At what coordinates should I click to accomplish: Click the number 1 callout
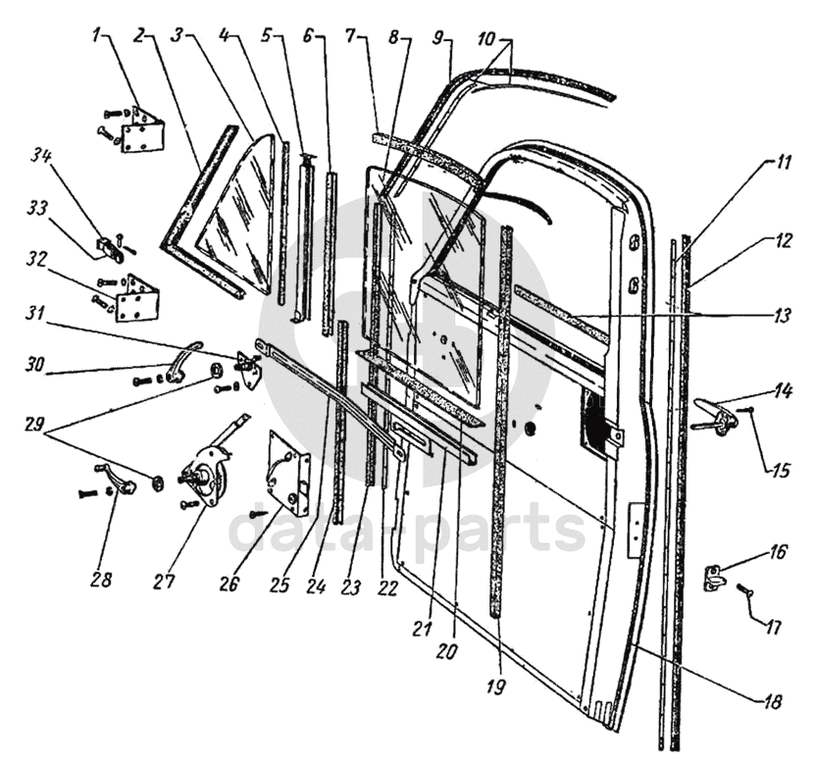[97, 37]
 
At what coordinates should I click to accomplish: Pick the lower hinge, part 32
[135, 298]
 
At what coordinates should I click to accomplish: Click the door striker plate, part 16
[714, 576]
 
